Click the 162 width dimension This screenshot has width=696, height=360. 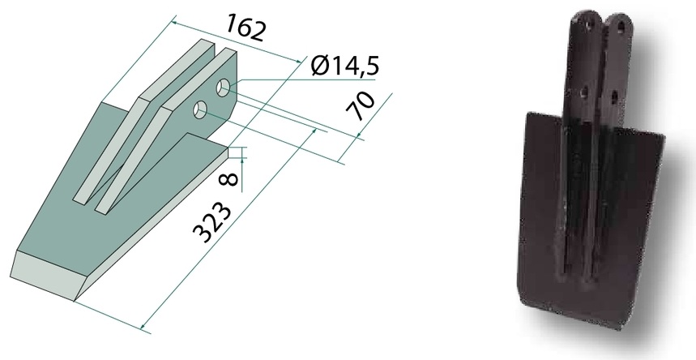click(x=246, y=28)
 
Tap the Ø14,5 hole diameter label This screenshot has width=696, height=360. click(x=345, y=66)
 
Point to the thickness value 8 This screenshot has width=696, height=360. click(x=230, y=178)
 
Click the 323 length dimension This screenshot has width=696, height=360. click(x=213, y=223)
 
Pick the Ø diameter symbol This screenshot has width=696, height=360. click(x=319, y=66)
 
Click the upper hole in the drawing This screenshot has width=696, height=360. click(x=224, y=87)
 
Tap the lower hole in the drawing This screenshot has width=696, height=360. click(x=201, y=109)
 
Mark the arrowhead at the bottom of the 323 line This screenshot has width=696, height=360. click(x=143, y=327)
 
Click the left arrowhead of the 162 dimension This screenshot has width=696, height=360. click(x=175, y=23)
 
